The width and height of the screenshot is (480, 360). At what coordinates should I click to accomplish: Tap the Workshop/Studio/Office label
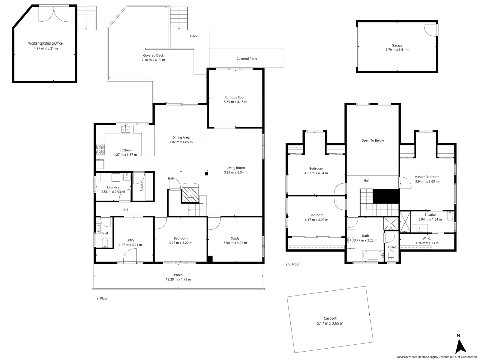(x=45, y=43)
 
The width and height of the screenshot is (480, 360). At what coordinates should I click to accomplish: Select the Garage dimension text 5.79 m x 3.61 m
(x=397, y=50)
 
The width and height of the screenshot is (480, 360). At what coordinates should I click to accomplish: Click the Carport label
(x=330, y=318)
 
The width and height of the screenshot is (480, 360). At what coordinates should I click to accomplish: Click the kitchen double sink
(x=126, y=129)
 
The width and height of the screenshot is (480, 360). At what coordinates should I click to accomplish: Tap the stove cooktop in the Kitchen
(x=100, y=149)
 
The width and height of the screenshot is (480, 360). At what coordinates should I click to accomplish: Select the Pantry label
(x=142, y=186)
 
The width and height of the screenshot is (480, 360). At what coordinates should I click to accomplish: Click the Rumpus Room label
(x=235, y=97)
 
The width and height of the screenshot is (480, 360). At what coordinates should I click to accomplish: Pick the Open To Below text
(x=372, y=140)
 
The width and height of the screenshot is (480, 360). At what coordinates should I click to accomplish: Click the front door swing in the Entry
(x=130, y=256)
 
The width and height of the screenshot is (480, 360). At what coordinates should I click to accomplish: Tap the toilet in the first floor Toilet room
(x=105, y=242)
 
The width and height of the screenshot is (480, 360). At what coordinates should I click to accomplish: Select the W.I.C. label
(x=427, y=238)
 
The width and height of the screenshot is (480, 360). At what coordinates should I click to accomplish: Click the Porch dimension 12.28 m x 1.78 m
(x=178, y=279)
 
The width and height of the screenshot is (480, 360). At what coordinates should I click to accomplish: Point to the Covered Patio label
(x=247, y=59)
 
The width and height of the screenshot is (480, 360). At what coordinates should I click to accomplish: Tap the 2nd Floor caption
(x=292, y=264)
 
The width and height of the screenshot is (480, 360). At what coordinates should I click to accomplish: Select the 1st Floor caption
(x=101, y=298)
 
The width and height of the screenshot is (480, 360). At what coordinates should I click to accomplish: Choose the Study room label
(x=235, y=238)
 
